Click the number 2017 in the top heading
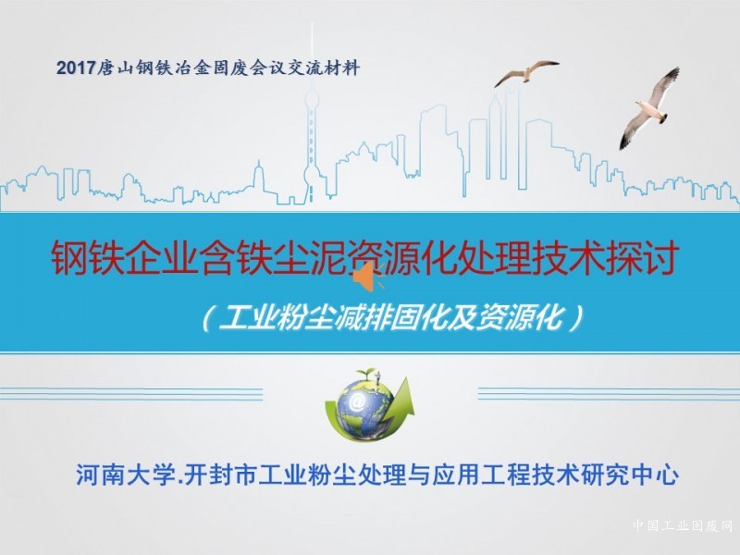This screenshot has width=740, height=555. [76, 68]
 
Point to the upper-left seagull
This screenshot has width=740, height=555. [526, 72]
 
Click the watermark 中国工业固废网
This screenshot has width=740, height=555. [683, 525]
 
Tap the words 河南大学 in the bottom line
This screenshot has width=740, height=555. [126, 475]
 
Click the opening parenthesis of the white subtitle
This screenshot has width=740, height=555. [208, 319]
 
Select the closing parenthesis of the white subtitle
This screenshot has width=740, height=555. [575, 319]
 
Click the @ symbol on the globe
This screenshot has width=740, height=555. [357, 401]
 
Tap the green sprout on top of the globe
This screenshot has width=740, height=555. [364, 373]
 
